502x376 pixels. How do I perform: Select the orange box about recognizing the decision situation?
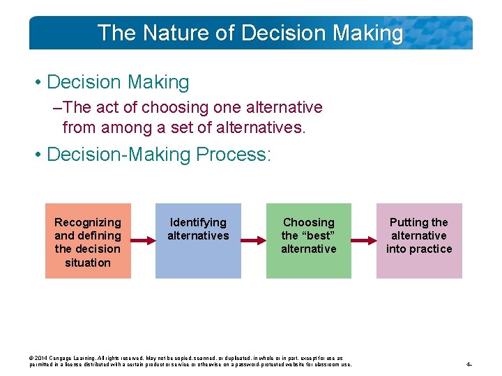(88, 241)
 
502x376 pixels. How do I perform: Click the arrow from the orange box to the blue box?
(143, 241)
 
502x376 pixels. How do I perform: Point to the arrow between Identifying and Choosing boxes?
(253, 241)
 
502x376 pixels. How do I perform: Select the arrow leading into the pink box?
(364, 241)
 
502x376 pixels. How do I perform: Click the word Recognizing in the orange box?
(88, 222)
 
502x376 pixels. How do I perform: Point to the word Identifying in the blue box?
(198, 222)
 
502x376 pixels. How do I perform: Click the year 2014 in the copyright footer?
(42, 359)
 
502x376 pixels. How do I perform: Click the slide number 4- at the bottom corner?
(469, 364)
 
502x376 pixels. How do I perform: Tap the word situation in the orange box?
(88, 263)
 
